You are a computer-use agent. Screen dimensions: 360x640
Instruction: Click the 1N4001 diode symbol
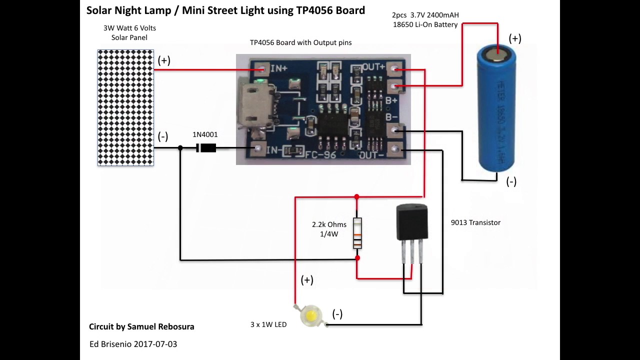point(206,148)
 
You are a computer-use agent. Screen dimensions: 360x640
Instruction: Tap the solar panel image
point(125,107)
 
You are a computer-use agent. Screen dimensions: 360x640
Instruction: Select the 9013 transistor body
point(412,222)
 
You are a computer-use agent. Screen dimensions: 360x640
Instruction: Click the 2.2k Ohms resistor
point(357,233)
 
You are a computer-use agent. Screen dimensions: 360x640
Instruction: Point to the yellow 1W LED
point(311,316)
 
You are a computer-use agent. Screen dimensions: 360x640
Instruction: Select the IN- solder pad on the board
point(258,148)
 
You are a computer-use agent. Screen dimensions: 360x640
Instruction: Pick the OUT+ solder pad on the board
point(395,68)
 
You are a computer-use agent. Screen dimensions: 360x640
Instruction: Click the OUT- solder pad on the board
point(395,149)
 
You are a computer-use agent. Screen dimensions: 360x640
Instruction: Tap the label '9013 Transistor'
point(475,222)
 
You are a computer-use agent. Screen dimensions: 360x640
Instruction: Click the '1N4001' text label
point(205,134)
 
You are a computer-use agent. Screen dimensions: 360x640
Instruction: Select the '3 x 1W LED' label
point(268,324)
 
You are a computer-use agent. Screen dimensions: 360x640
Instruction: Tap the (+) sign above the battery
point(515,38)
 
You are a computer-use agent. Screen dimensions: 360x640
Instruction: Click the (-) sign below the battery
point(511,181)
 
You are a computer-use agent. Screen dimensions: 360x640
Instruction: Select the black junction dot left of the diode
point(180,148)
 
